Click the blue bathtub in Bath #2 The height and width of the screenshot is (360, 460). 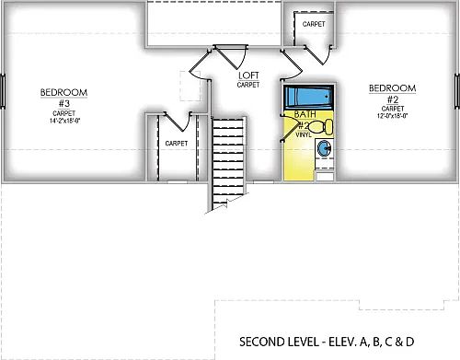[x=308, y=97]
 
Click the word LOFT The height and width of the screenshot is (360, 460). [x=247, y=75]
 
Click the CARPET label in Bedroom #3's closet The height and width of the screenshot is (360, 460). [x=176, y=144]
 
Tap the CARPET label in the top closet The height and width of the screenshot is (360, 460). [x=314, y=23]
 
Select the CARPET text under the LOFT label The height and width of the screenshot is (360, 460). [x=247, y=85]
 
